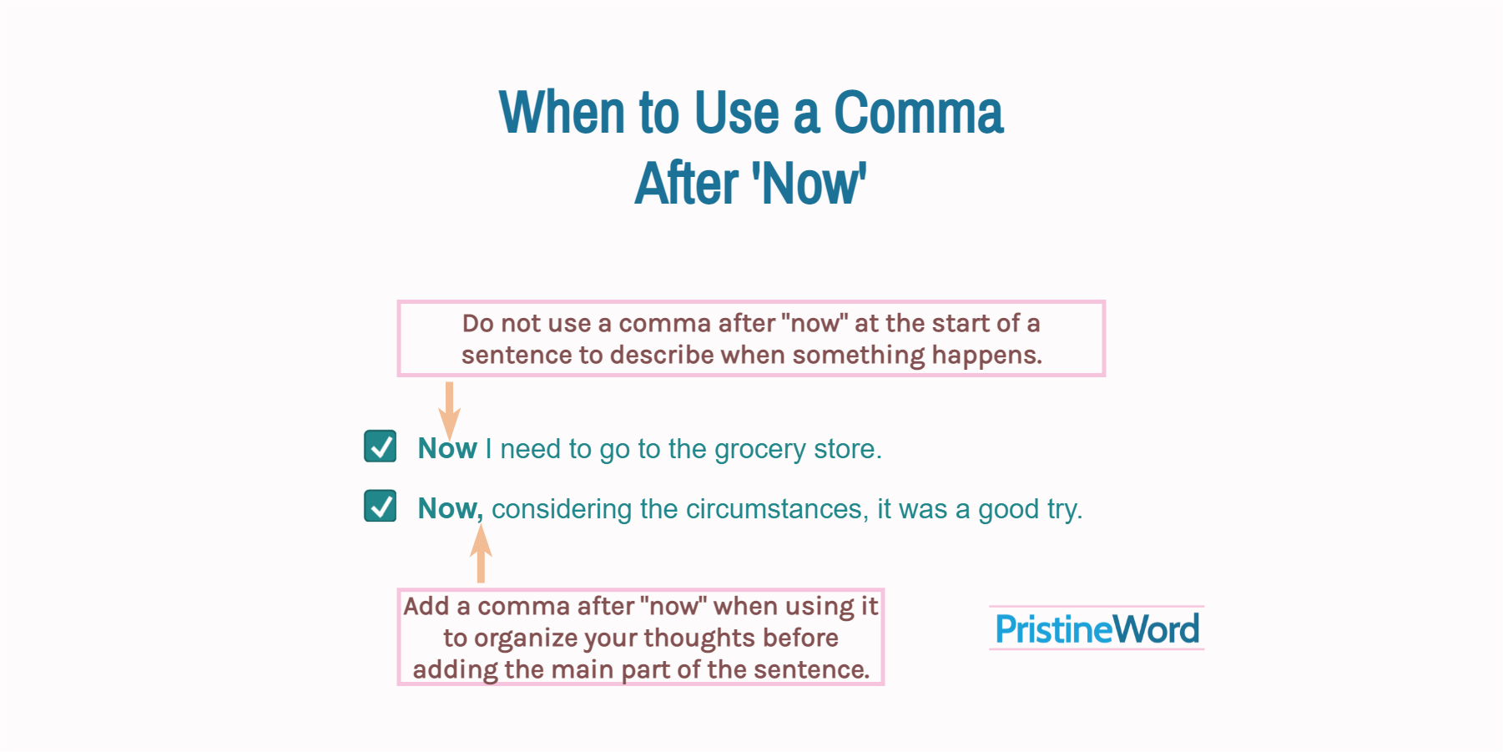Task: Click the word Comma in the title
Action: point(918,113)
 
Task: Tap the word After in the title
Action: point(687,184)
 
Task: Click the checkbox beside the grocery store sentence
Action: point(381,447)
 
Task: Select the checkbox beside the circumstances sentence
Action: point(381,506)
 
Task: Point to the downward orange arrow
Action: point(449,409)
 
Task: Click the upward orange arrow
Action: point(481,554)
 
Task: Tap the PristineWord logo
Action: point(1097,628)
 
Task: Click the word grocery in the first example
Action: point(759,449)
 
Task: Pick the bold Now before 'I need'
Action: point(447,449)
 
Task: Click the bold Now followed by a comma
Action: point(449,508)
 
